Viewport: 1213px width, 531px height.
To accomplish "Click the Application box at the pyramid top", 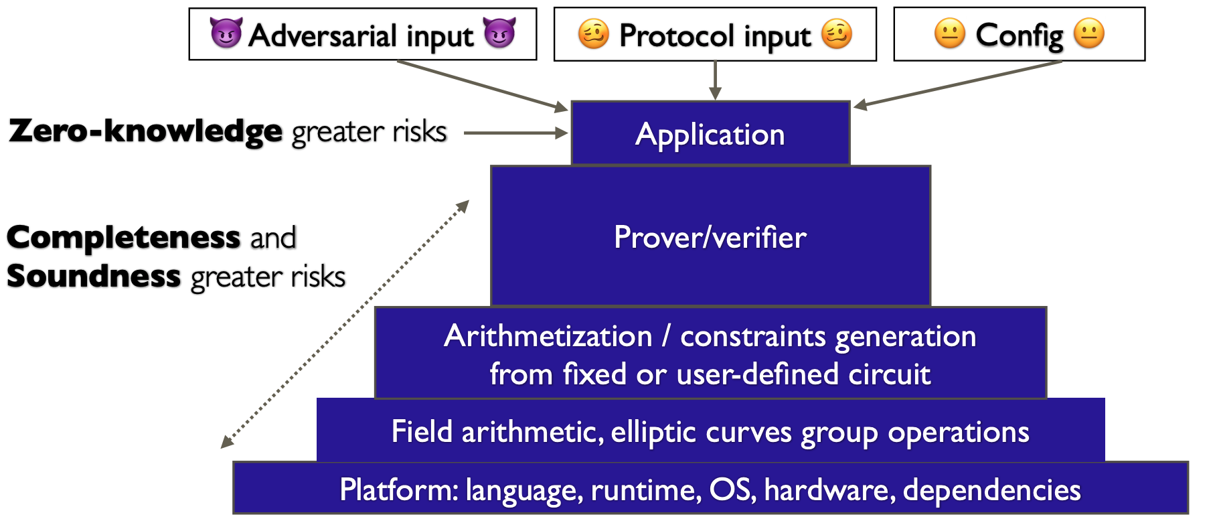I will pyautogui.click(x=710, y=134).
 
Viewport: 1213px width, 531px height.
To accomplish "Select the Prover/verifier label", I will pyautogui.click(x=710, y=238).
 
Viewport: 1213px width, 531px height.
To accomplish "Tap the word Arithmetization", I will pyautogui.click(x=548, y=336).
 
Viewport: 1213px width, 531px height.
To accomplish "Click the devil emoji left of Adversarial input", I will pyautogui.click(x=226, y=33).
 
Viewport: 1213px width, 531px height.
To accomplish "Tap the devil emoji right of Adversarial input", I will pyautogui.click(x=499, y=33).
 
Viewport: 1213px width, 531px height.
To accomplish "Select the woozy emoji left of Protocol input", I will pyautogui.click(x=593, y=34).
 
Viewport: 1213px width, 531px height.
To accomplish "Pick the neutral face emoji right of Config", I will pyautogui.click(x=1089, y=33).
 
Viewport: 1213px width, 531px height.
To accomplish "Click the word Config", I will pyautogui.click(x=1019, y=35).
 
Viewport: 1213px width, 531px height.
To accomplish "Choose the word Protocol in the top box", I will pyautogui.click(x=675, y=35).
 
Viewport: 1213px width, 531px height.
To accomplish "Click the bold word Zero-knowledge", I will pyautogui.click(x=146, y=131).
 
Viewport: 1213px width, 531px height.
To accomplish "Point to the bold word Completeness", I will pyautogui.click(x=124, y=238).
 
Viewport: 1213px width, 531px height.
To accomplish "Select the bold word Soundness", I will pyautogui.click(x=94, y=277).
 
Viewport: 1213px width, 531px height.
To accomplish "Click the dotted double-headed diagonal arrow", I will pyautogui.click(x=345, y=323).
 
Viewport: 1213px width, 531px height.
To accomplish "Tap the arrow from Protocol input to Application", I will pyautogui.click(x=715, y=80).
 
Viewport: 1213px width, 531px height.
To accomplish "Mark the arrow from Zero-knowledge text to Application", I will pyautogui.click(x=515, y=133).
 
